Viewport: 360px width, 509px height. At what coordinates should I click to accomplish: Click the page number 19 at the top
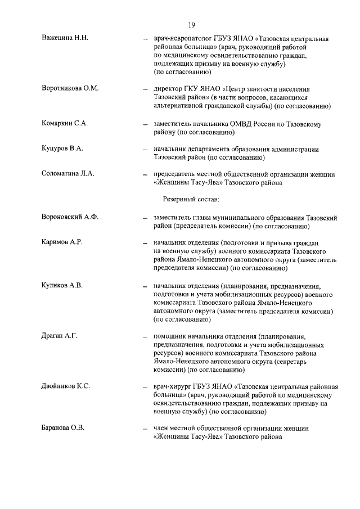pos(191,24)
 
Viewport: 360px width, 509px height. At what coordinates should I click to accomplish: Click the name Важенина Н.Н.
pos(65,38)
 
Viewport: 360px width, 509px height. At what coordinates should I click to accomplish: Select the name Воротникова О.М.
pos(70,89)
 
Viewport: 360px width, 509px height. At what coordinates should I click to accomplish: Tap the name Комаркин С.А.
pos(65,123)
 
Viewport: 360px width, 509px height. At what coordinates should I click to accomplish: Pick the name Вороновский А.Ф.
pos(70,217)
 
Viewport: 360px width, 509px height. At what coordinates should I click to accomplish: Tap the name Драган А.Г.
pos(60,336)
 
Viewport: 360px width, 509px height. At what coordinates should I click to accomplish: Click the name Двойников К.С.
pos(66,386)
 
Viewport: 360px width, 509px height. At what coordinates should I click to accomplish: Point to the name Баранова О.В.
pos(63,429)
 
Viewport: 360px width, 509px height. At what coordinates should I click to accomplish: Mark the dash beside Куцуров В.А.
pos(145,149)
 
